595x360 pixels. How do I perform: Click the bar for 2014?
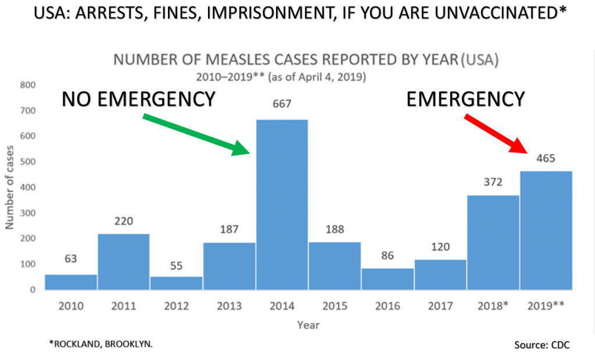click(282, 204)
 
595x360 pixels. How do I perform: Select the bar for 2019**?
click(546, 230)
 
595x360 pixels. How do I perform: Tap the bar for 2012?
click(176, 283)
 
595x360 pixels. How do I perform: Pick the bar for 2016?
click(388, 279)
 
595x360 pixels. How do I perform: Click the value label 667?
click(282, 105)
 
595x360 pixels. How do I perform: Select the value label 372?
click(493, 182)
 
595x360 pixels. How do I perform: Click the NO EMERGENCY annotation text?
click(139, 99)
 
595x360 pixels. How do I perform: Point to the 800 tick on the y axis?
click(28, 85)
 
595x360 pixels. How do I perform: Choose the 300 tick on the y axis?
click(28, 213)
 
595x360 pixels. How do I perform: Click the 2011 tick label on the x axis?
click(123, 305)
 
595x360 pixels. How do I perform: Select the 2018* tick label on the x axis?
click(493, 305)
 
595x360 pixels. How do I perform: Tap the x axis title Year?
click(308, 325)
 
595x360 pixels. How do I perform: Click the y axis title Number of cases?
click(10, 188)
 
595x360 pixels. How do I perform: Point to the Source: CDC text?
click(542, 345)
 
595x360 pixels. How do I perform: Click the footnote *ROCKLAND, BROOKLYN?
click(101, 344)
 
